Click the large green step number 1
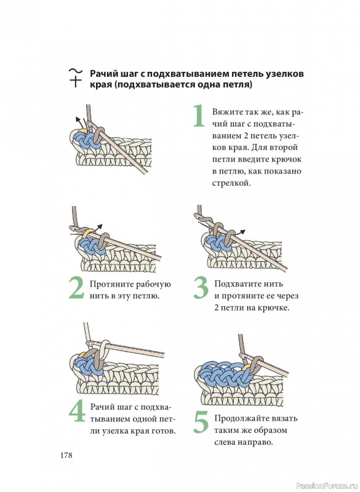(x=198, y=116)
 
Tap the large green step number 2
(x=76, y=287)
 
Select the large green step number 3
(x=201, y=287)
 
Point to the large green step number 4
(x=77, y=411)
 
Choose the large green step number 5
(x=201, y=423)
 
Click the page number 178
(x=66, y=455)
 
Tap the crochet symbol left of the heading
(x=75, y=77)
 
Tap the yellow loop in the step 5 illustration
(x=246, y=367)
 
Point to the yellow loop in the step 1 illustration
(x=82, y=131)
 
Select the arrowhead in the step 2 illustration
(x=100, y=226)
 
